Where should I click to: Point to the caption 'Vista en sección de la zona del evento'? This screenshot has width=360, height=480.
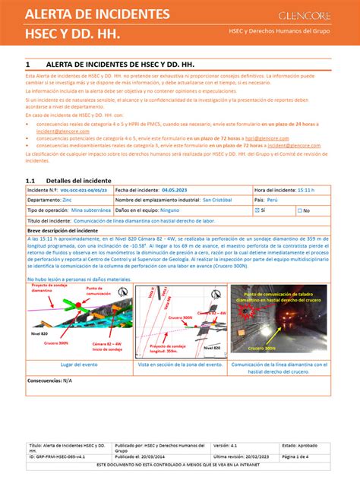181,365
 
